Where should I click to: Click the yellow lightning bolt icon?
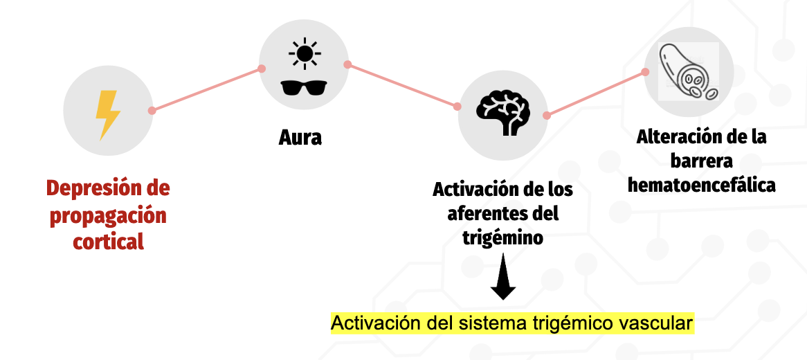[107, 115]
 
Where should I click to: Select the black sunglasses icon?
[304, 87]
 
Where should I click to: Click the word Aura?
[300, 137]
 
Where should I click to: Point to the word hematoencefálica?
[700, 186]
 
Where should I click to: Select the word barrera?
[701, 161]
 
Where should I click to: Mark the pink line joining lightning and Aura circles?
[206, 89]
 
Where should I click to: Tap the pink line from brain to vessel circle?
[596, 93]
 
